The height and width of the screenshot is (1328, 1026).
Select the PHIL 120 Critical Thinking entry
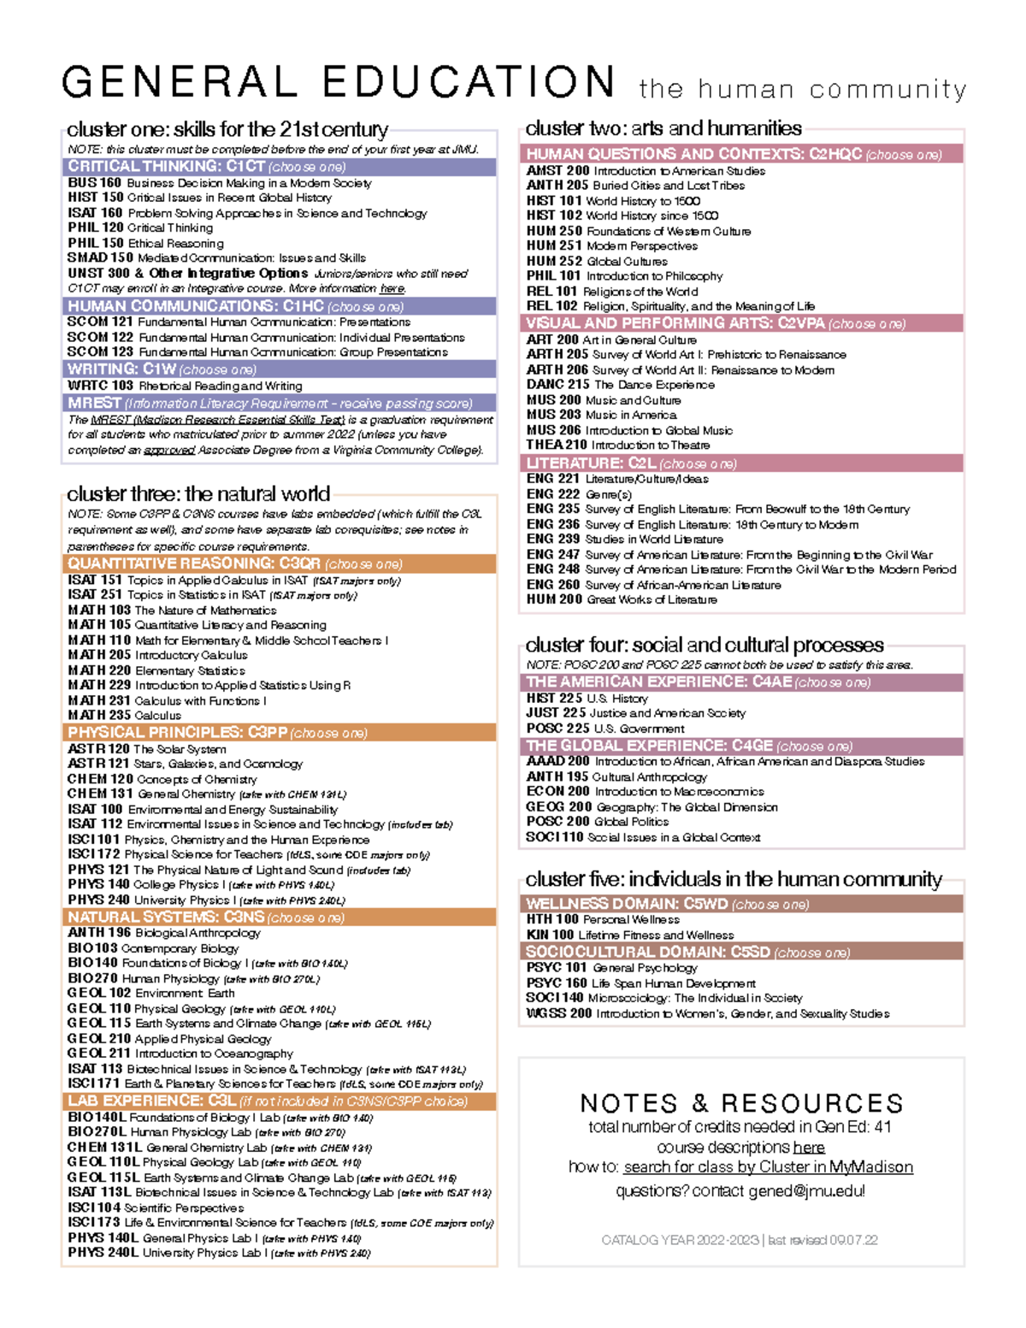[x=140, y=228]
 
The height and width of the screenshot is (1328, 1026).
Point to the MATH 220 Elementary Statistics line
[x=156, y=670]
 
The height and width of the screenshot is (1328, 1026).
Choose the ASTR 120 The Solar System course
[x=147, y=749]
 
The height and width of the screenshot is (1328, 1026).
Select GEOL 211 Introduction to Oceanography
[x=180, y=1054]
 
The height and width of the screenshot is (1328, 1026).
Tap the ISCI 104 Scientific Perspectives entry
[x=156, y=1207]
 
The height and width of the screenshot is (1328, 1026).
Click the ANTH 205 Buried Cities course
[x=635, y=186]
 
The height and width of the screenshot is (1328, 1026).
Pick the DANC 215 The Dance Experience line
[x=620, y=385]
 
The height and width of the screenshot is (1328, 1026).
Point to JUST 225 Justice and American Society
[x=635, y=713]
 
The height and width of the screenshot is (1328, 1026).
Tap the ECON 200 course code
[x=557, y=792]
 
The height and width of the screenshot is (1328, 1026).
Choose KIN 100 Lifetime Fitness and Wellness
[x=629, y=935]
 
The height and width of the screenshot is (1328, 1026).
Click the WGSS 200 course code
[x=558, y=1013]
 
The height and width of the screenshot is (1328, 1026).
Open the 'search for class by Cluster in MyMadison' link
[x=768, y=1167]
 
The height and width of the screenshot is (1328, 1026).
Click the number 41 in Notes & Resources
[x=882, y=1127]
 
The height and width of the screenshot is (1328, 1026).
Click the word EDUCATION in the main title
[x=469, y=82]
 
